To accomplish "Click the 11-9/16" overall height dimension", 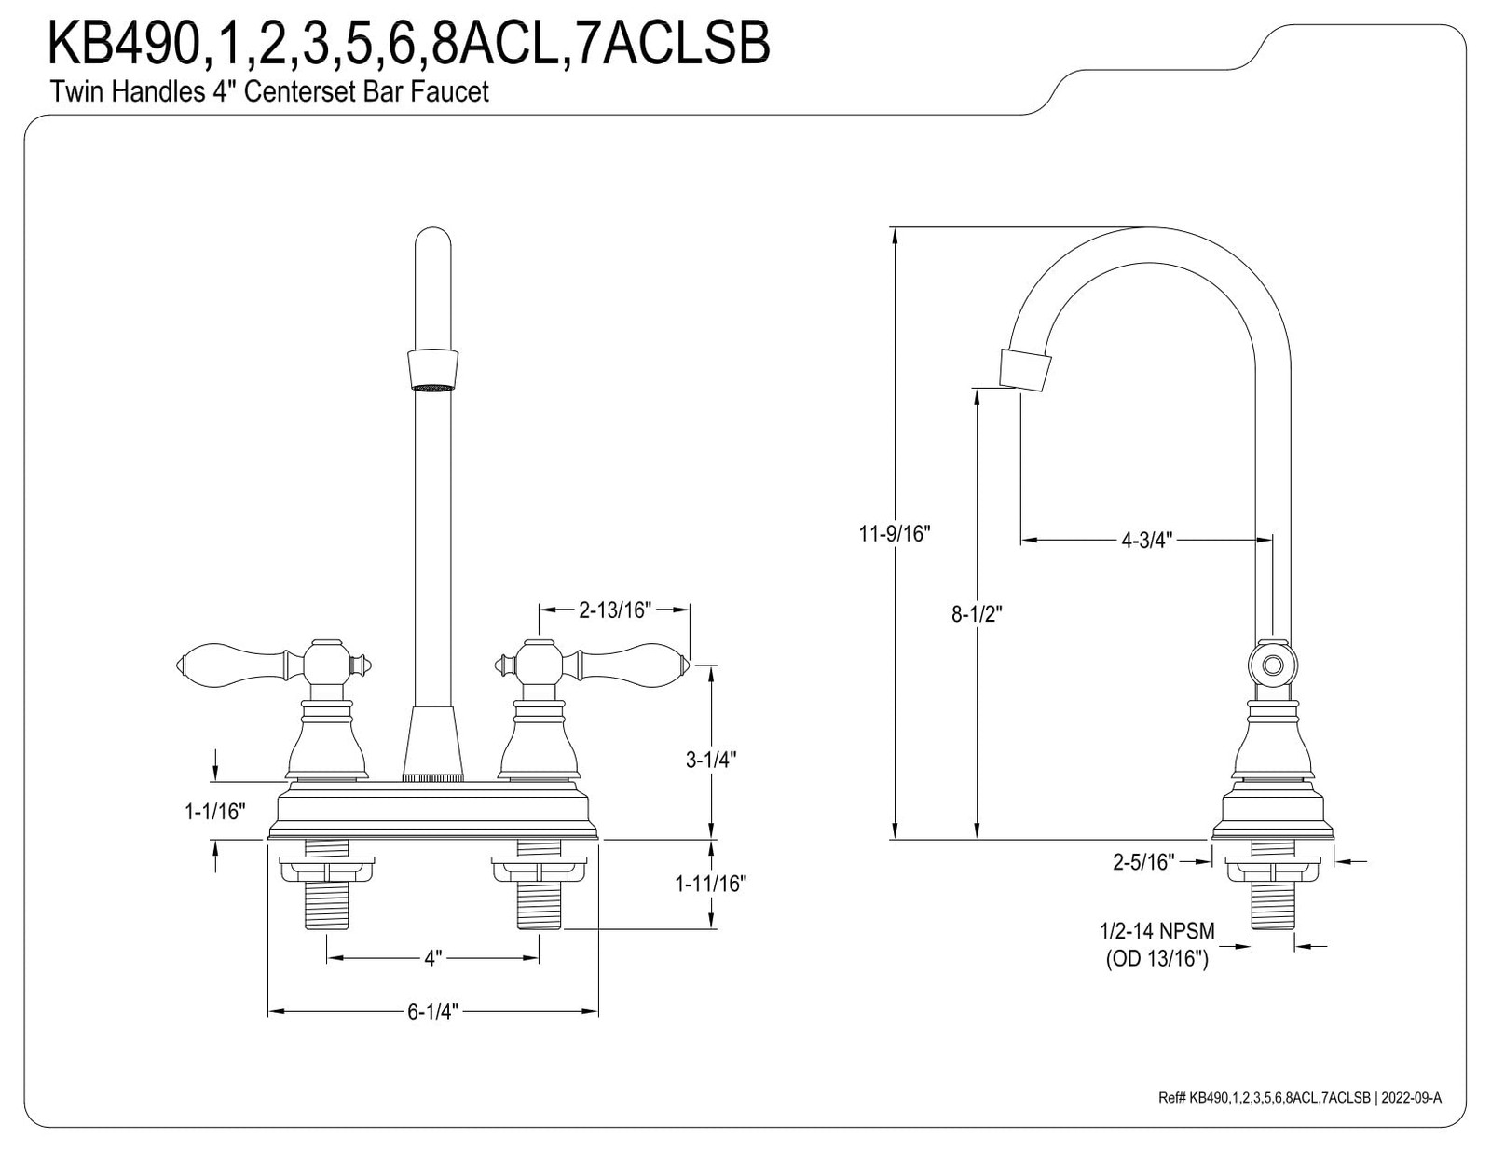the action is [x=894, y=533].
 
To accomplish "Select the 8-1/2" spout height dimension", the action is [x=977, y=614].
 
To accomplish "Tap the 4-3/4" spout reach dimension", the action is [x=1146, y=540].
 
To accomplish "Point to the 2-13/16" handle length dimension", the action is [x=614, y=610].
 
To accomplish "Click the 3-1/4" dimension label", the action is [x=711, y=760].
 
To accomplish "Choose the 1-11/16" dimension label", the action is [x=711, y=883].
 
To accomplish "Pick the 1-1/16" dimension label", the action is [x=214, y=812].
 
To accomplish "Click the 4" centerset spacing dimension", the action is [x=432, y=958].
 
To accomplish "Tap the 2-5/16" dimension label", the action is [x=1143, y=862].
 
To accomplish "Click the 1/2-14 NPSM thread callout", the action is [x=1156, y=931].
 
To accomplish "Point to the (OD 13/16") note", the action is [x=1156, y=958].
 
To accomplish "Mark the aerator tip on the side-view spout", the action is [x=1025, y=370].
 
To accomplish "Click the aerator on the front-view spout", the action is [x=433, y=369].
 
